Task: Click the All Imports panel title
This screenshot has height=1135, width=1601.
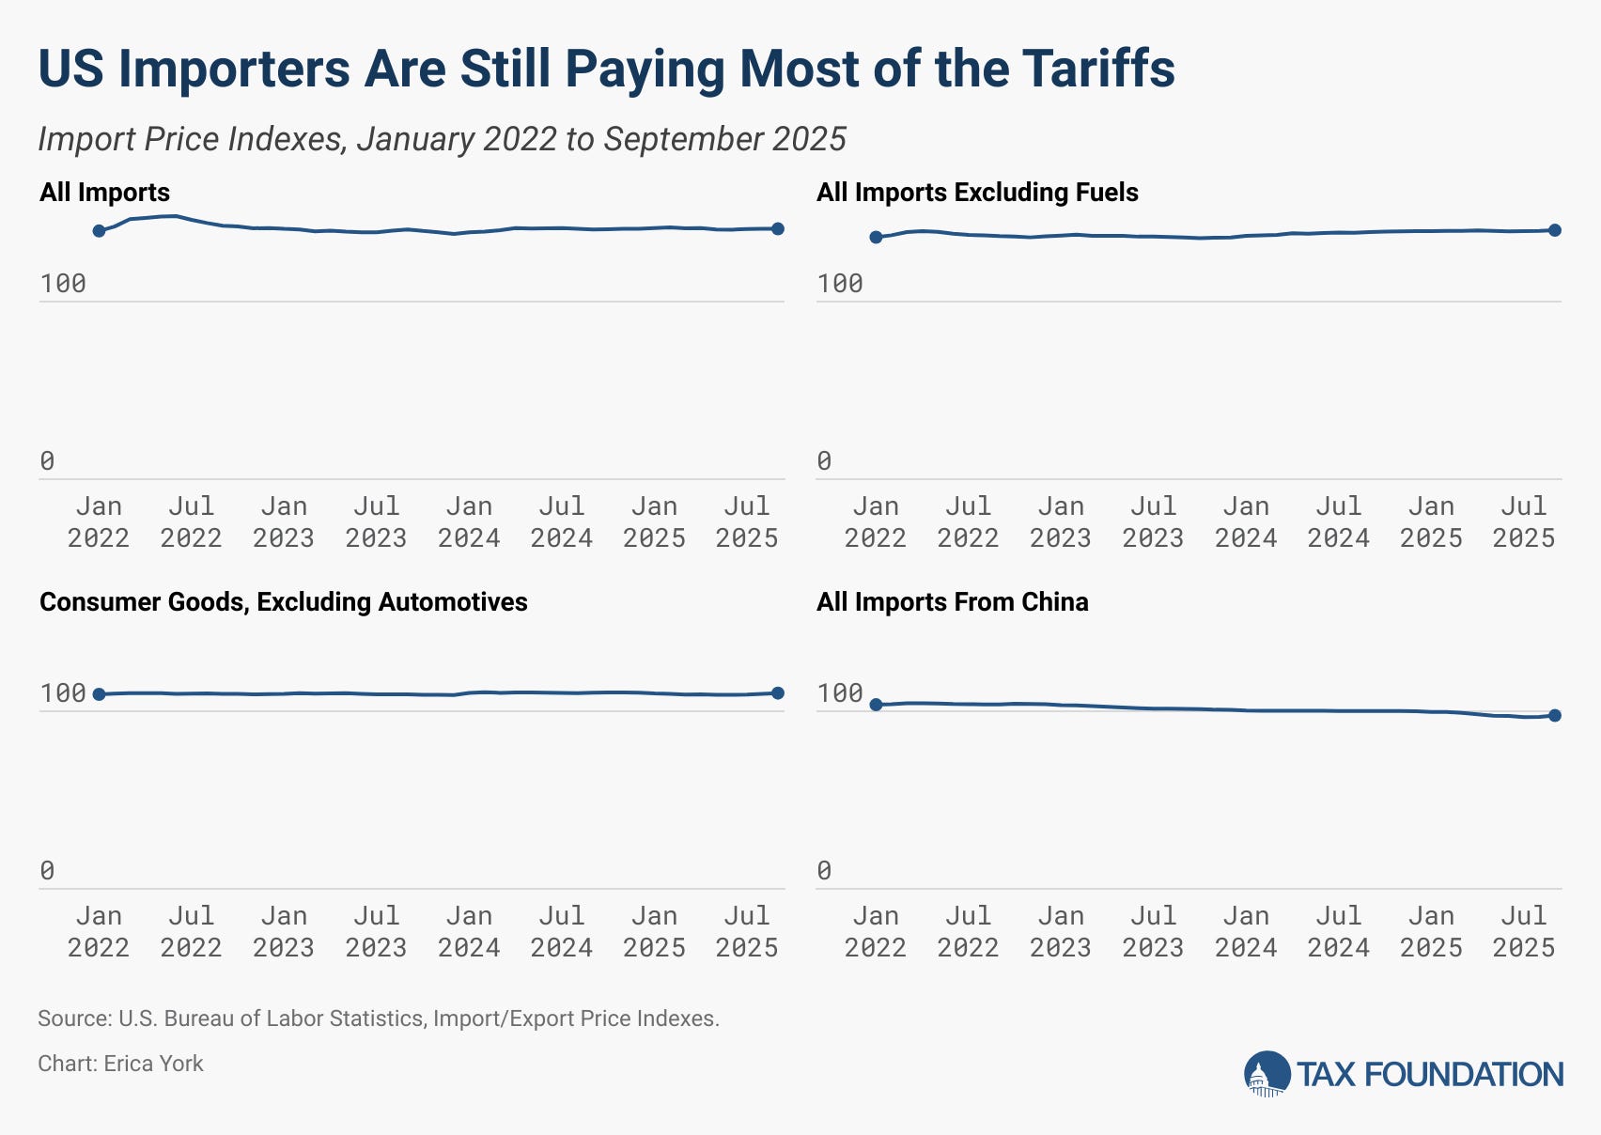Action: point(104,193)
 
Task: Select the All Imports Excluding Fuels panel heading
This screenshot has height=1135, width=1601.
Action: point(977,193)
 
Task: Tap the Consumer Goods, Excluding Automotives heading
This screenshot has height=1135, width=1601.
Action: point(283,602)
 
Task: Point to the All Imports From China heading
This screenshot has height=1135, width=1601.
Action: point(952,602)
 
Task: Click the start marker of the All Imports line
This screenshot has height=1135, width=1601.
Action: point(99,231)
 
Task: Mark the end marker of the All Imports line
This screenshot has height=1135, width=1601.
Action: point(778,229)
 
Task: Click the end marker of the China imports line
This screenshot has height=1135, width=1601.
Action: point(1555,716)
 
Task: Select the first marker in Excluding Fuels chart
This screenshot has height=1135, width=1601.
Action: point(876,237)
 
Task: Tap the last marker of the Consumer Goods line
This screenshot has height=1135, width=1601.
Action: point(778,693)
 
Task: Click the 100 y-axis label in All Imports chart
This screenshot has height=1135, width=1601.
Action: point(63,284)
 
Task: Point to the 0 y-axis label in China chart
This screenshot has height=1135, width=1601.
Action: point(824,871)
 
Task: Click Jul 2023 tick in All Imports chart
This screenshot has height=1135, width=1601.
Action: point(376,522)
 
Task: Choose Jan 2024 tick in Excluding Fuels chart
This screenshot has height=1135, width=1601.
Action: point(1246,522)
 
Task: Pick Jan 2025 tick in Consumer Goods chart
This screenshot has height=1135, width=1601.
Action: point(654,931)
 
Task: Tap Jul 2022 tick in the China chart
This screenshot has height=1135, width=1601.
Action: point(968,931)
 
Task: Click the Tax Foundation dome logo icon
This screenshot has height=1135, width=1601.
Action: point(1267,1074)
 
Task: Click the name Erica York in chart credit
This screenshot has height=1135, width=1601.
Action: point(153,1064)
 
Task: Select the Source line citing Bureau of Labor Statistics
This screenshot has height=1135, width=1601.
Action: point(378,1018)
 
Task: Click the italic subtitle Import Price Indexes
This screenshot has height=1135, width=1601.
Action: point(442,139)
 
